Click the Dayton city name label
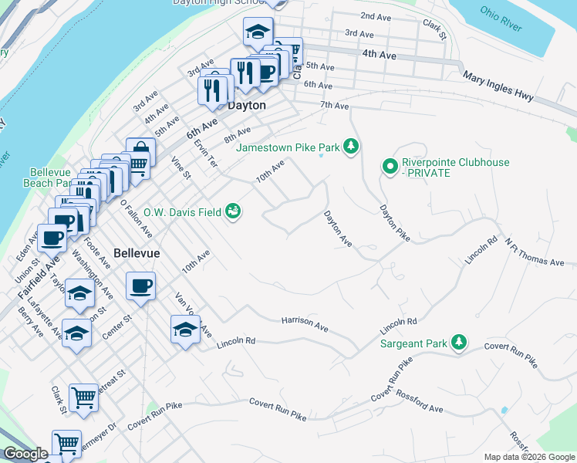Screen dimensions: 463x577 click(247, 106)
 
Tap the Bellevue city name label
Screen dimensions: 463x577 click(137, 253)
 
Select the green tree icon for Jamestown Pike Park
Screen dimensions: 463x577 click(352, 146)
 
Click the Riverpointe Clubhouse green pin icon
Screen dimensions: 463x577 click(390, 165)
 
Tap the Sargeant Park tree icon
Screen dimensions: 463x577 click(459, 341)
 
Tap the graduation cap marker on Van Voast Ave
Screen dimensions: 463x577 click(184, 330)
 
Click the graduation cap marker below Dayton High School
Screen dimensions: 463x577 click(258, 32)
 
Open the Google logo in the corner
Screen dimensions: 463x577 click(25, 455)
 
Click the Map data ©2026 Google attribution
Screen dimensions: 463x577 click(528, 457)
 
